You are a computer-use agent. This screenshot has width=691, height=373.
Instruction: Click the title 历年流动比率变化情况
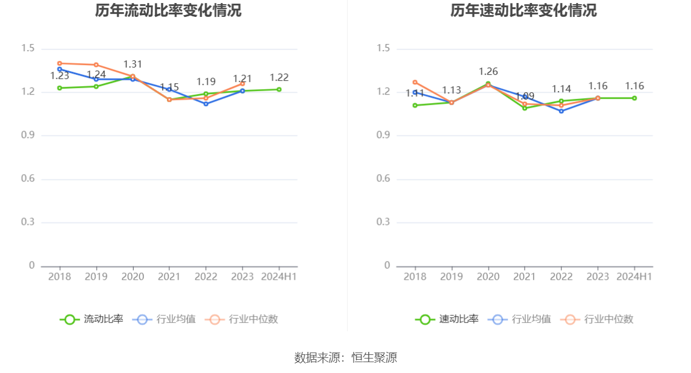[168, 11]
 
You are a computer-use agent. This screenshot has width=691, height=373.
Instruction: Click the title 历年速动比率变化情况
[523, 11]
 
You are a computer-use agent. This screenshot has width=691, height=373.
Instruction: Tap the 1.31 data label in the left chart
[133, 64]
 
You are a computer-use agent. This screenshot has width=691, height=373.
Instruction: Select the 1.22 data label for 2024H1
[279, 77]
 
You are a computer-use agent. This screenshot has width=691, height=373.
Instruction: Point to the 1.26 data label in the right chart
[488, 72]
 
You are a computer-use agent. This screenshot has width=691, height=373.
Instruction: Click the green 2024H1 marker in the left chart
[279, 89]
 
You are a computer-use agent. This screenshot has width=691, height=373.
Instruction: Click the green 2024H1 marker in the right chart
[634, 98]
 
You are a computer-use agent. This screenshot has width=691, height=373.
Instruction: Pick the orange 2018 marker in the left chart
[60, 63]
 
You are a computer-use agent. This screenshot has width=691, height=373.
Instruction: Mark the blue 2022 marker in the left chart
[206, 104]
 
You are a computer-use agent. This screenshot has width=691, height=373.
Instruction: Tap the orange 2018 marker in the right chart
[415, 82]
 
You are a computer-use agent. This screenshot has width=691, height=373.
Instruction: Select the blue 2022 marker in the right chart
[561, 111]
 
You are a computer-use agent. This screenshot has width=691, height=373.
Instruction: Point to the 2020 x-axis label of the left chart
[133, 277]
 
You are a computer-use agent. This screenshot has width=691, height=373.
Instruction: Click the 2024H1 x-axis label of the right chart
[634, 277]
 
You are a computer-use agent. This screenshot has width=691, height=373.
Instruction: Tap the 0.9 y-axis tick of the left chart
[28, 136]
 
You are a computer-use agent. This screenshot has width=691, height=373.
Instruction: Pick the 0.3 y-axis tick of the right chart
[384, 222]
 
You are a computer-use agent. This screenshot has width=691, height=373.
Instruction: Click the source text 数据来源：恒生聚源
[345, 357]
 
